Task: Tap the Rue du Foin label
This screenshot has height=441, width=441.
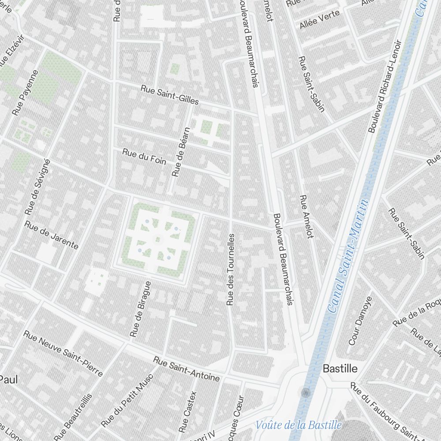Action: pos(145,157)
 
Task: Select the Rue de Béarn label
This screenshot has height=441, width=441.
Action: pos(181,152)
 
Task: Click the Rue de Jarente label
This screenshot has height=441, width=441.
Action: pos(51,235)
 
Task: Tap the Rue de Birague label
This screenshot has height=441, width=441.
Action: pos(141,309)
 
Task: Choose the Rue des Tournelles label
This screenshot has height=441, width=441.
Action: pos(230,270)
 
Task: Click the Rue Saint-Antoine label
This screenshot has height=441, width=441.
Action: pos(186,369)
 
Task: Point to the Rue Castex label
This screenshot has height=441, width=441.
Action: pos(187,411)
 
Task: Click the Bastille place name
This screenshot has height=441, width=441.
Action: pos(340,369)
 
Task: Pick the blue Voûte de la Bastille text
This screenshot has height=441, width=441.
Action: pos(299,425)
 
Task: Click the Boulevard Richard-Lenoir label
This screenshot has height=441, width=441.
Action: pos(385,87)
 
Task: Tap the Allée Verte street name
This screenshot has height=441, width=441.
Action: pos(320,19)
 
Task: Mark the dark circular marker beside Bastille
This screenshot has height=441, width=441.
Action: pos(306,392)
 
